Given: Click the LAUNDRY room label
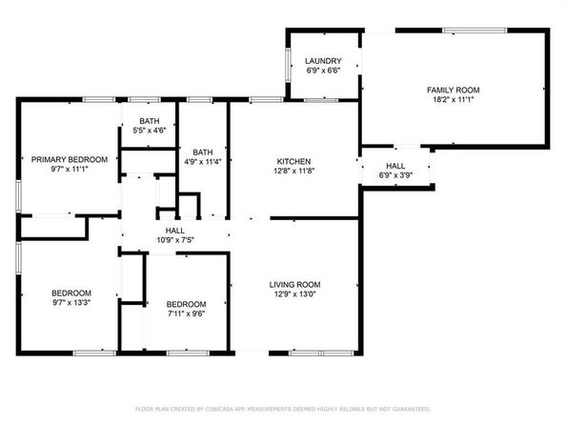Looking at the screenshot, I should pos(324,61).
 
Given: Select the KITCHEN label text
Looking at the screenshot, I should pos(294,161).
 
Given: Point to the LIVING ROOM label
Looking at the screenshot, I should pos(294,284).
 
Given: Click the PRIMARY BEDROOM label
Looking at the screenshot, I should pos(69,159).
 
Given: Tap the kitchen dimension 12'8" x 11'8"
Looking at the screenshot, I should pos(294,172).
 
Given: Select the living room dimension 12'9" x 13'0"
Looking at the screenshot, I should pos(294,294).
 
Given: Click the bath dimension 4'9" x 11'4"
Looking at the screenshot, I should pos(203,162).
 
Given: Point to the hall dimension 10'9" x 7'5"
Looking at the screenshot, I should pos(175,240).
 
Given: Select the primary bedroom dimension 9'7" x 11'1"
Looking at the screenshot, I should pos(69,170).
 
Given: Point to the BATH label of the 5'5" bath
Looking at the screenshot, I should pos(150,120).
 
